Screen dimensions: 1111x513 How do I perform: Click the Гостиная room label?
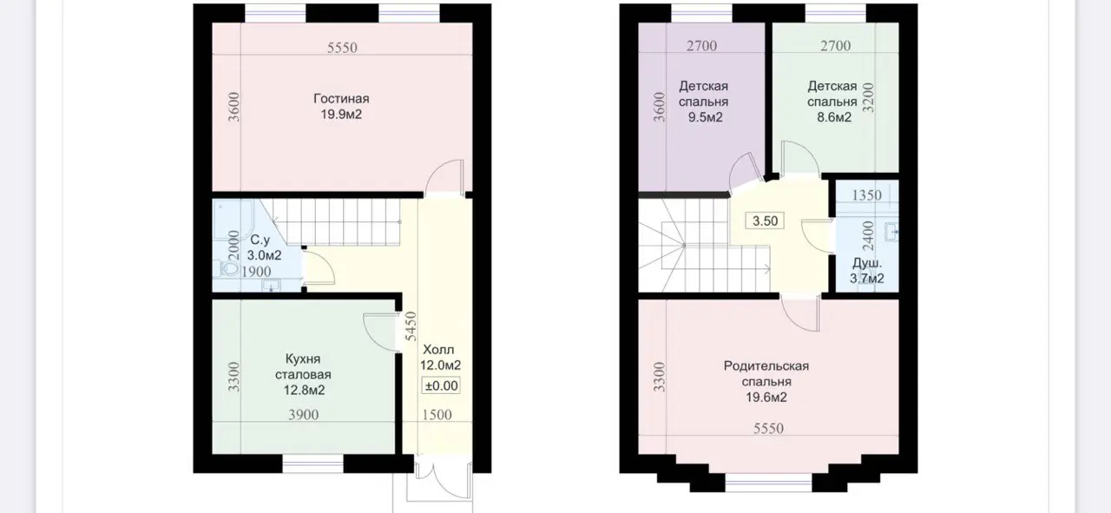pos(341,98)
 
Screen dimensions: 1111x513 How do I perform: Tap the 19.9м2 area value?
pos(341,115)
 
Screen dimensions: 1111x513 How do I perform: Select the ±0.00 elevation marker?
pos(441,385)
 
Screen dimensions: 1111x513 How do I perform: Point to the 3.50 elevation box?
pos(765,220)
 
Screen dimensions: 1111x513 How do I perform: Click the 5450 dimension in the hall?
pos(411,326)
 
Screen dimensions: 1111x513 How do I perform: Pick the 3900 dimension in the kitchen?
pos(304,415)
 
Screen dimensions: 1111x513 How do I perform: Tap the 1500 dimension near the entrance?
pos(437,415)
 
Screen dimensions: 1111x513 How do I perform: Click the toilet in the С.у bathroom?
pos(227,268)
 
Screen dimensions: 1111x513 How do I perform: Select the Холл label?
pos(438,350)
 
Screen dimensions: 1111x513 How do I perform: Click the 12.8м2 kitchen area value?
pos(304,391)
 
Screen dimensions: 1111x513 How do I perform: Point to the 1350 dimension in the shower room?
pos(866,195)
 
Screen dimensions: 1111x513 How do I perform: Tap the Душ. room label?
pos(867,263)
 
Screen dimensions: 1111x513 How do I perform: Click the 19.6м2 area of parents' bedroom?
pos(766,398)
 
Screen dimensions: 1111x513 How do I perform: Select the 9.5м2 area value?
pos(705,117)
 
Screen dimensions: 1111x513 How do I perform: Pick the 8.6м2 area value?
pos(834,117)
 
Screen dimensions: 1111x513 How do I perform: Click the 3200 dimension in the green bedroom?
pos(868,98)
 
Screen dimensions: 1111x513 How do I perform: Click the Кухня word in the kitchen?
pos(303,358)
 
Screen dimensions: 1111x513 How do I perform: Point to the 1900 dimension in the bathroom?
pos(256,272)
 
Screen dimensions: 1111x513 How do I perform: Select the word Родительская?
pos(766,366)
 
